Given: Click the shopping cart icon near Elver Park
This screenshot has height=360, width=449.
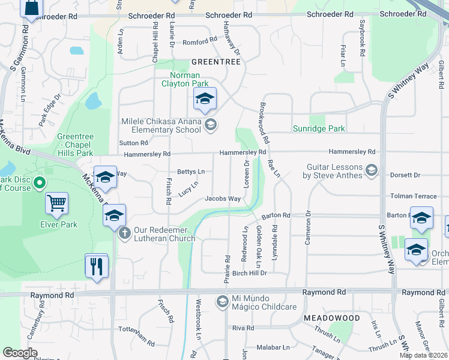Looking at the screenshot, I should click(x=56, y=203).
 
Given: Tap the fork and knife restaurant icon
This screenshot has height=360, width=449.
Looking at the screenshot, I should click(x=96, y=266).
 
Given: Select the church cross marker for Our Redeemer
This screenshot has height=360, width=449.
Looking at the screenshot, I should click(x=124, y=233).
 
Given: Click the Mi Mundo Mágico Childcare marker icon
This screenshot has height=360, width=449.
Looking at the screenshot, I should click(x=222, y=301).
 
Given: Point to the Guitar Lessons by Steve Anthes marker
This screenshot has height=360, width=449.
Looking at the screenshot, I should click(x=372, y=171).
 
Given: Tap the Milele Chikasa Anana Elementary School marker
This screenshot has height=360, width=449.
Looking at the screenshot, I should click(x=210, y=125).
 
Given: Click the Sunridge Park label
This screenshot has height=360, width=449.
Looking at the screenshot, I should click(x=319, y=128).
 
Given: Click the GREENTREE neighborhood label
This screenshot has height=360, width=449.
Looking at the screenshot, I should click(x=215, y=62).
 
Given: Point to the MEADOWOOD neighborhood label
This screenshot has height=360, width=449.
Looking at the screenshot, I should click(x=332, y=317).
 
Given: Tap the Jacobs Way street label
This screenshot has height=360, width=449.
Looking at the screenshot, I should click(x=223, y=199).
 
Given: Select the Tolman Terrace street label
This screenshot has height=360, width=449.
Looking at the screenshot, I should click(x=414, y=196).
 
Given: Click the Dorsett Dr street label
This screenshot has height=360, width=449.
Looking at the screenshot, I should click(x=405, y=175).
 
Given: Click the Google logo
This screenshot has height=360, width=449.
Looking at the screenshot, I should click(x=20, y=352).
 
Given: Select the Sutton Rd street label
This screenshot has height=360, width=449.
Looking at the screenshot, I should click(x=133, y=143).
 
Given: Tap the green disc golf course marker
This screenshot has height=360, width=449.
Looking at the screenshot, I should click(x=41, y=182).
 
